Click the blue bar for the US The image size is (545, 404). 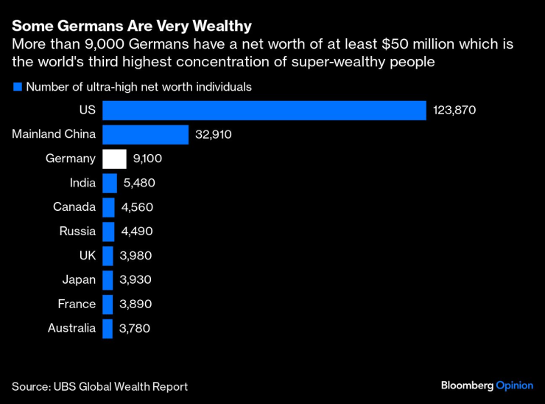point(264,111)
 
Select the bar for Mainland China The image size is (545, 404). point(145,135)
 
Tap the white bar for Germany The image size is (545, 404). point(115,159)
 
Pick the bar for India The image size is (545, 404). point(110,183)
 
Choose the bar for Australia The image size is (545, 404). point(108,328)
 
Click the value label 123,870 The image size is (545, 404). point(455,111)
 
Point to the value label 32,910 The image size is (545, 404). point(214,135)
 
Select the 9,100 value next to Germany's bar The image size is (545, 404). point(147,159)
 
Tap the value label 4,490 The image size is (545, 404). point(137,231)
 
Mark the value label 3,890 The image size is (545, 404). point(135,304)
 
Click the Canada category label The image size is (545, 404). point(74,207)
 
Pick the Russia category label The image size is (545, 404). point(77,231)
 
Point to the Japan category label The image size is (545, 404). point(79,280)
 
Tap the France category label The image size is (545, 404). point(77,304)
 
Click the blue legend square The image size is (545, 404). point(17,87)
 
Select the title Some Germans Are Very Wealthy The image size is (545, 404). point(131,27)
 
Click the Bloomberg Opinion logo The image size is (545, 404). point(486,386)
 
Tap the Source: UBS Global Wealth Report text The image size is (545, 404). point(99,386)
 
